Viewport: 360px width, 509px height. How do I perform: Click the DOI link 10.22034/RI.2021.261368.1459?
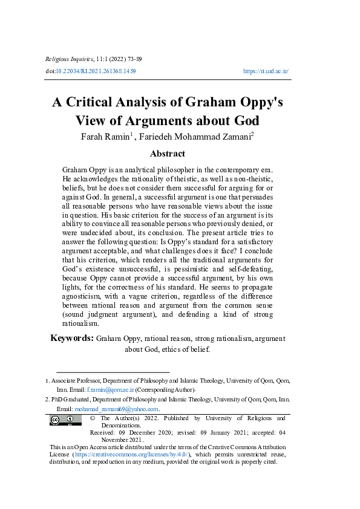coord(96,71)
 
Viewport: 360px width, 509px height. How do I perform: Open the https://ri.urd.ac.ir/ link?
coord(266,71)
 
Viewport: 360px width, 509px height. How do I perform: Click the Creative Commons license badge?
coord(65,420)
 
